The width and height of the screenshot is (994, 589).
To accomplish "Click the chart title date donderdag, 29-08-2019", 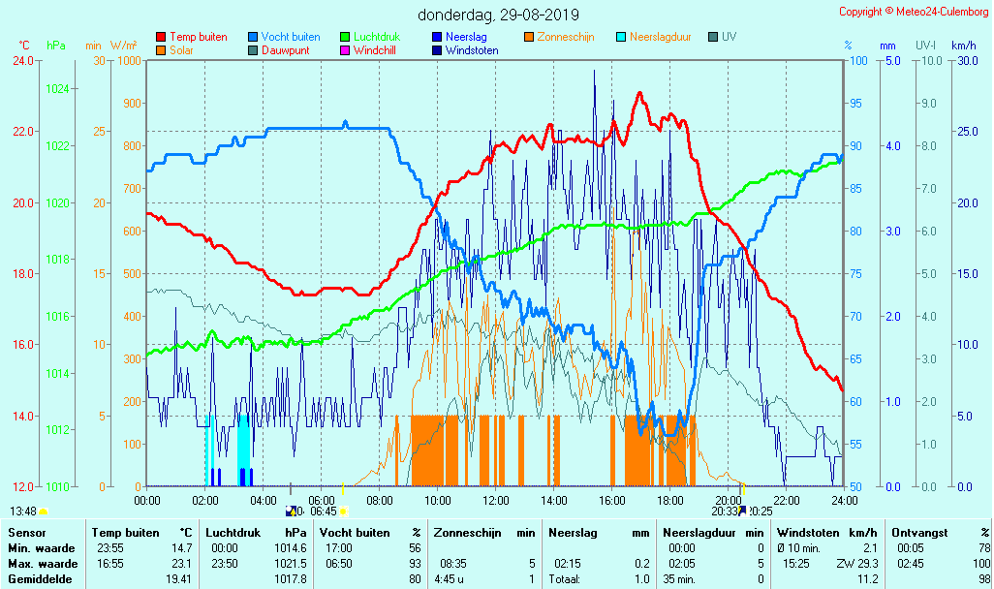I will pos(498,15).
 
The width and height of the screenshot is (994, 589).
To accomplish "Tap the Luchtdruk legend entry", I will pos(383,37).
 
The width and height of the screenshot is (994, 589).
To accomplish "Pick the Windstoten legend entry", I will pos(472,50).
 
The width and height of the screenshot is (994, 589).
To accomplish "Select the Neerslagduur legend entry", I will pos(660,37).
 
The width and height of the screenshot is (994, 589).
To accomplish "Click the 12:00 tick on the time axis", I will pos(496,500).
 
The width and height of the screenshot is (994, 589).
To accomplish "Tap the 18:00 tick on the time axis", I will pos(670,500).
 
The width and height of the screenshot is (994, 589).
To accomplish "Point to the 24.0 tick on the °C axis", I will pos(23,61).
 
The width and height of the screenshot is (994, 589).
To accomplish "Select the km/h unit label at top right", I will pos(963,46).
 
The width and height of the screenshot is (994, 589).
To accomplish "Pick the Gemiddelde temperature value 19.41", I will pos(180,578).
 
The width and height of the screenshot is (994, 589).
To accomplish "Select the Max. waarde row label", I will pos(43,563).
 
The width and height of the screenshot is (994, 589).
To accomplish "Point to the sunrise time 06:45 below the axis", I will pos(323,511).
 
